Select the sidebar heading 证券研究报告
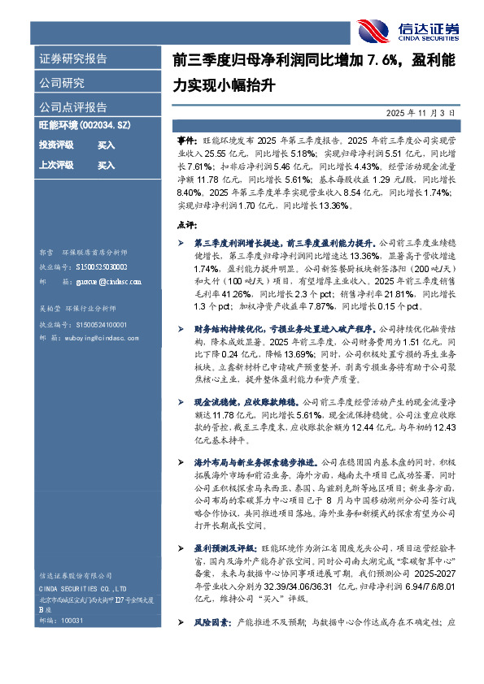click(x=72, y=59)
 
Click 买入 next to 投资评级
click(x=106, y=145)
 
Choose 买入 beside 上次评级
click(x=106, y=165)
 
